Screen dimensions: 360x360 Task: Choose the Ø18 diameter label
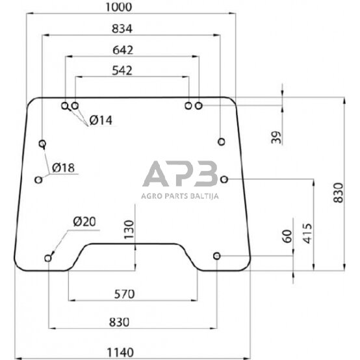click(x=62, y=168)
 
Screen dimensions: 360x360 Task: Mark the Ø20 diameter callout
click(x=84, y=222)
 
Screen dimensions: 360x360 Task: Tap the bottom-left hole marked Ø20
click(x=49, y=259)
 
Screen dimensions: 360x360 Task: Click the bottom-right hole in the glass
click(x=217, y=256)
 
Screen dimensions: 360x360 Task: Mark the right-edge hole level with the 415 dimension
click(x=224, y=179)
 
